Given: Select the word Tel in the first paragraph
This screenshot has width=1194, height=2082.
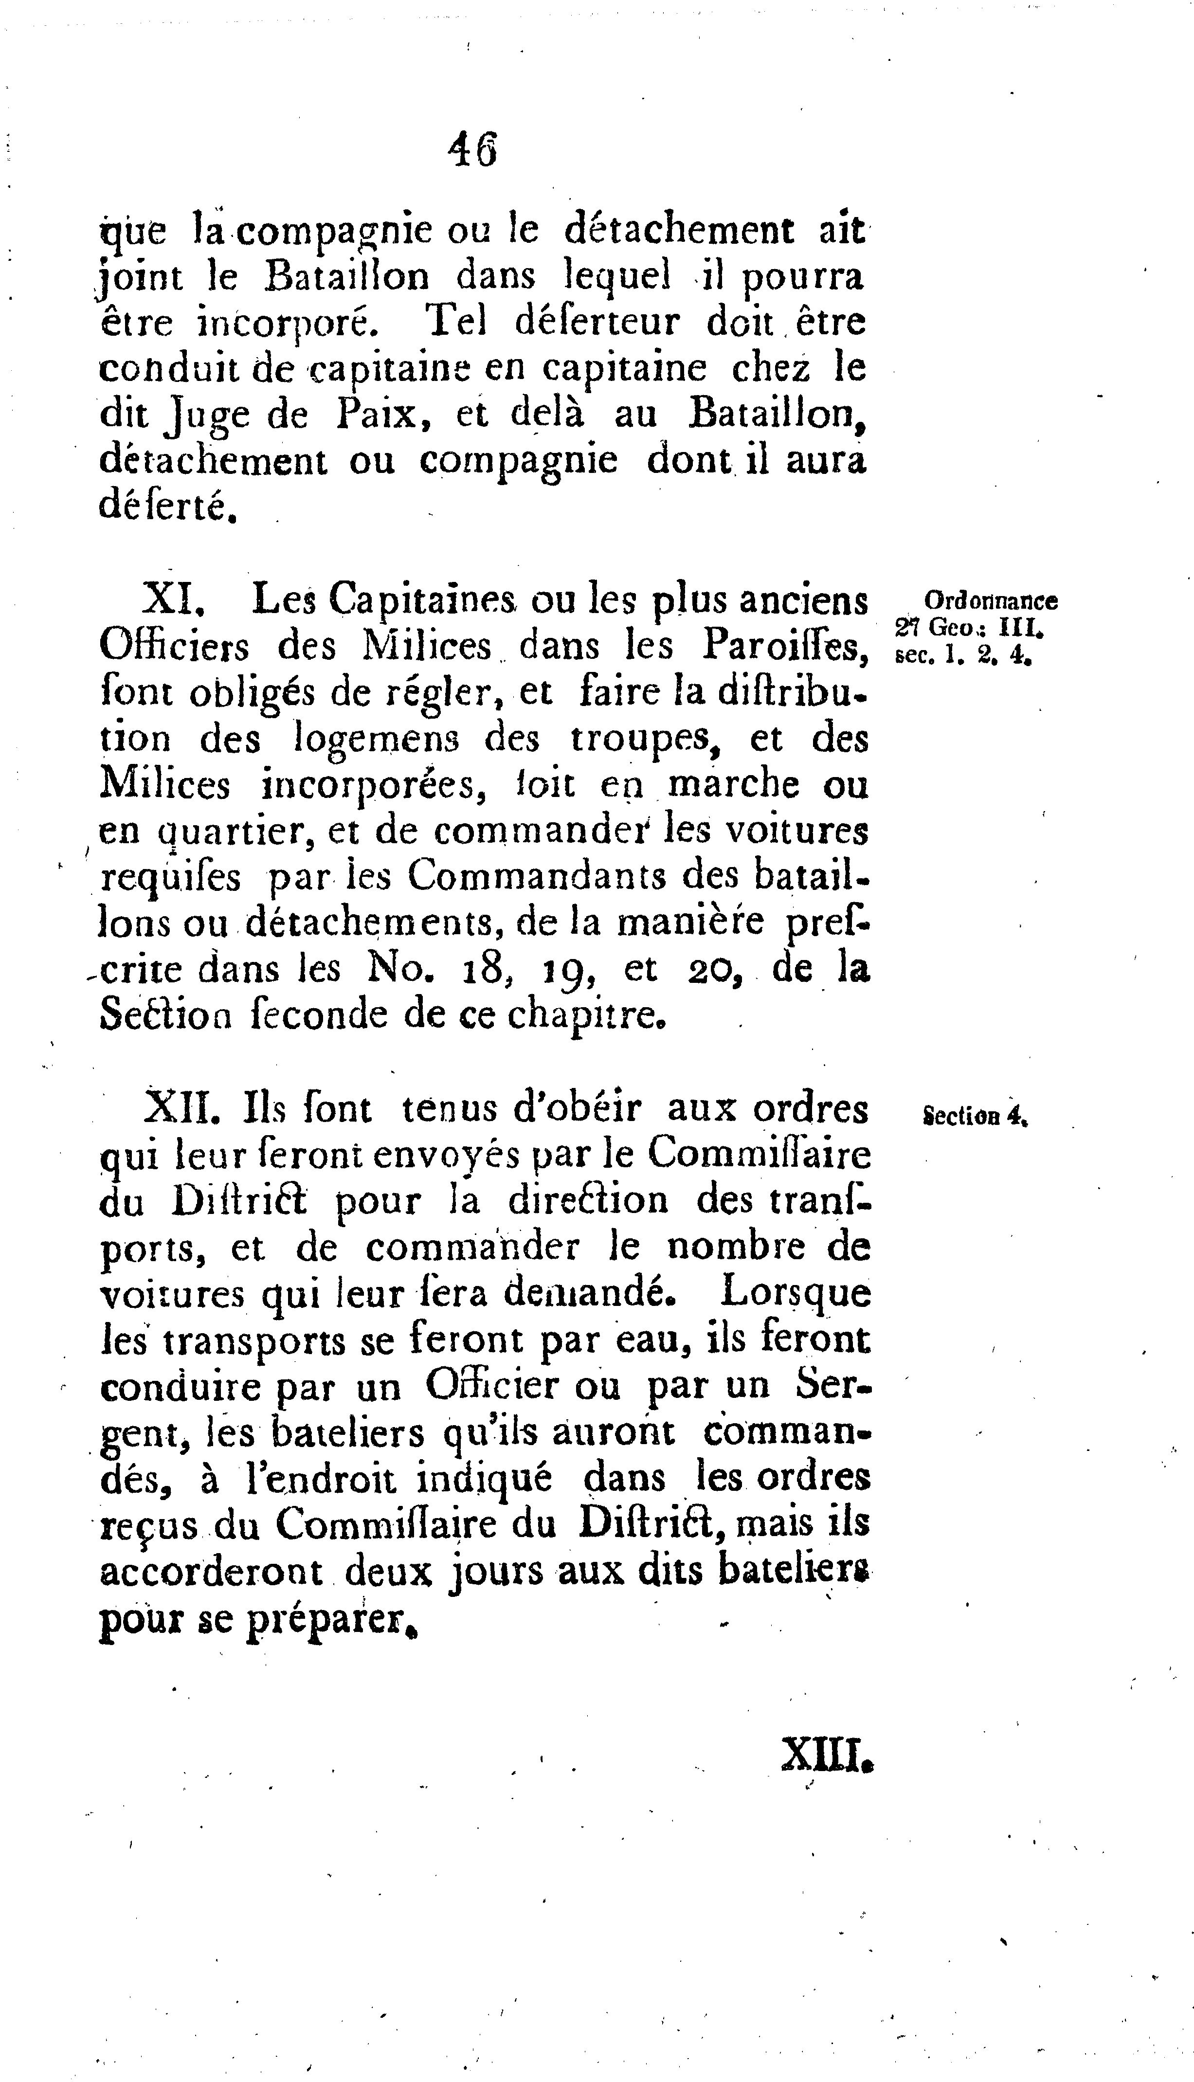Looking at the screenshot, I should [x=458, y=322].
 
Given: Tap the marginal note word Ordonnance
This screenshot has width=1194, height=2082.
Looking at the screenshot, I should [x=991, y=601].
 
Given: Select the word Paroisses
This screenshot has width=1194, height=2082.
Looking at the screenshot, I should [x=784, y=647].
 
